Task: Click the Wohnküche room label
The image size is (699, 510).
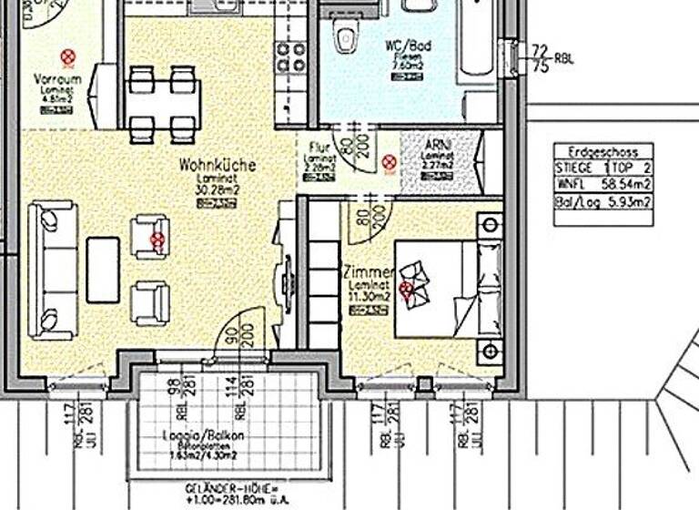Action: (217, 166)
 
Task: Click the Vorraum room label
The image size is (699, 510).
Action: (56, 79)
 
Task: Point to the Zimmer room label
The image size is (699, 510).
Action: (368, 272)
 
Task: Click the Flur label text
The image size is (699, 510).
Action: (319, 146)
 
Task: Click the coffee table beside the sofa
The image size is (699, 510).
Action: (103, 270)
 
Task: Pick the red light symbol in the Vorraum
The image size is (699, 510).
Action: (67, 57)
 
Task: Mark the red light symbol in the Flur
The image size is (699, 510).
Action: (390, 163)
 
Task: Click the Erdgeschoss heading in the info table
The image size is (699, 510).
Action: (603, 152)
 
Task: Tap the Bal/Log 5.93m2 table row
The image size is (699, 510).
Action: (603, 201)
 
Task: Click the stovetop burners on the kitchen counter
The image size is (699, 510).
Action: (292, 57)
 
